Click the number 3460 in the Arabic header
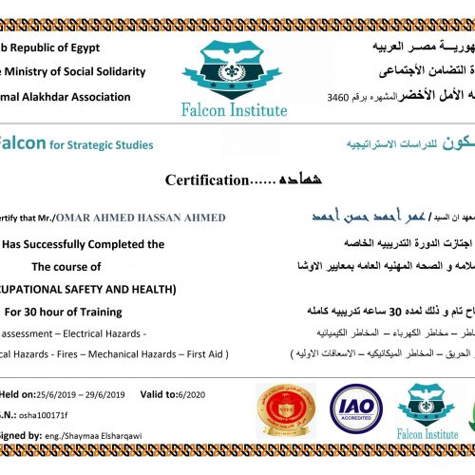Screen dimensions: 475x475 [x=337, y=97]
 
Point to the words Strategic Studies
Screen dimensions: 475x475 [x=114, y=144]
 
